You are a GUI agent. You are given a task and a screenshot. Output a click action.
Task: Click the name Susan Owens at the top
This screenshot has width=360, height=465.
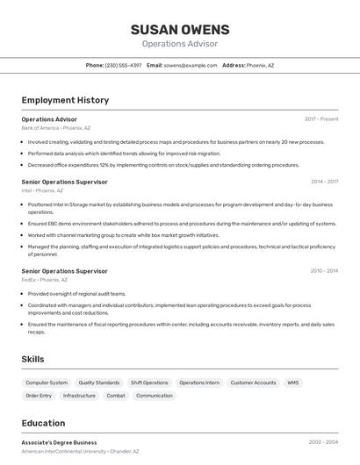[x=179, y=29]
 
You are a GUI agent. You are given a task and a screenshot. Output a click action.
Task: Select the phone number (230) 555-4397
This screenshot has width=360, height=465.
[x=123, y=65]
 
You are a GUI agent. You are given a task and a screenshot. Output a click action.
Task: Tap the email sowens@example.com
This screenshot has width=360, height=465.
[x=191, y=65]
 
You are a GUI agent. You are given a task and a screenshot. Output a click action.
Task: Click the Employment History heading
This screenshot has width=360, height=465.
[x=65, y=100]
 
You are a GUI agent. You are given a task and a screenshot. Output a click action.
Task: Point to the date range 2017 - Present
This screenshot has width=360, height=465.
[x=321, y=118]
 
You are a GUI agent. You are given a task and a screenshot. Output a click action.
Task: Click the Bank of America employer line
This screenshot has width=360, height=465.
[x=56, y=127]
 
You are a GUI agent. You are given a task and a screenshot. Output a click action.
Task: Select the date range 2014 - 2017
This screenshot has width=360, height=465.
[x=324, y=182]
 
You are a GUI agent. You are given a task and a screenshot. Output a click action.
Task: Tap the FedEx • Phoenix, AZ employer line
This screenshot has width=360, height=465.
[x=45, y=280]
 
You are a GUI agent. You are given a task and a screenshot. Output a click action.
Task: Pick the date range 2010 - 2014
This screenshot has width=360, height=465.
[x=324, y=271]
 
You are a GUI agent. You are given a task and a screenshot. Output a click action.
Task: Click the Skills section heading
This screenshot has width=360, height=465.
[x=32, y=359]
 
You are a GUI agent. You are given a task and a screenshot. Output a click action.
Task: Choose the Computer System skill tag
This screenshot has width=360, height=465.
[x=47, y=383]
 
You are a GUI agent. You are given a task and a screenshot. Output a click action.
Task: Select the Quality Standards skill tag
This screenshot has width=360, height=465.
[x=99, y=383]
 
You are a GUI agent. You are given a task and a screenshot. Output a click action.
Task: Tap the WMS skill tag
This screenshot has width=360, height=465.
[x=292, y=383]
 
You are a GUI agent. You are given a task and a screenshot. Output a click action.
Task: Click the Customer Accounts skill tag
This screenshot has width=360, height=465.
[x=253, y=383]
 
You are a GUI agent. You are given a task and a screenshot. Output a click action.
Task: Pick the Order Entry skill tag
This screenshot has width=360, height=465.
[x=39, y=396]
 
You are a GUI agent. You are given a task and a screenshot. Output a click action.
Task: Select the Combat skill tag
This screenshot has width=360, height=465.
[x=116, y=396]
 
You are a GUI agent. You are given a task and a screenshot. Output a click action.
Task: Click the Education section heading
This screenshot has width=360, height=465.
[x=43, y=423]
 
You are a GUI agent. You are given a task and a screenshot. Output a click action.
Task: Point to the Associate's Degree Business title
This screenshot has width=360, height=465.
[x=59, y=442]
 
